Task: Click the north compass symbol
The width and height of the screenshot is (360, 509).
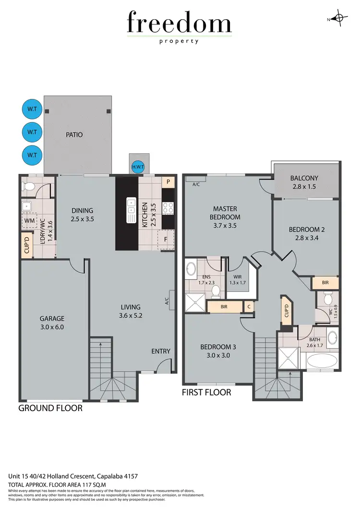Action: (x=339, y=19)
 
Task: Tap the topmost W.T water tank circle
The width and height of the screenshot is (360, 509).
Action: (x=32, y=109)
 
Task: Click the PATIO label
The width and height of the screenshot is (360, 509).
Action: (x=74, y=135)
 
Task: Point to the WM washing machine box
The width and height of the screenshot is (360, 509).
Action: (x=30, y=220)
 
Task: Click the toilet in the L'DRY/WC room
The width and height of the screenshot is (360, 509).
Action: (x=29, y=186)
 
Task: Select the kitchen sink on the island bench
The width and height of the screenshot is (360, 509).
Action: (x=131, y=211)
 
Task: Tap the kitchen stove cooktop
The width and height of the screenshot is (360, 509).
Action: (x=168, y=208)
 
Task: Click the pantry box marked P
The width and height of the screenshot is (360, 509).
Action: (x=168, y=182)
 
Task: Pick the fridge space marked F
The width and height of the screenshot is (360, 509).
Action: (x=166, y=239)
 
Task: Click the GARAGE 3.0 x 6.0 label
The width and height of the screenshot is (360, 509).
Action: (x=52, y=323)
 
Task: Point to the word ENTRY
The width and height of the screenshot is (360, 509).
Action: (x=161, y=351)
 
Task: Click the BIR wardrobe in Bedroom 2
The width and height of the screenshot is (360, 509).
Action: (x=325, y=283)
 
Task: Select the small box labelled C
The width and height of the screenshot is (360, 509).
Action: (x=249, y=306)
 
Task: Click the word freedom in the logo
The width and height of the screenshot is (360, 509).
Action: (x=179, y=24)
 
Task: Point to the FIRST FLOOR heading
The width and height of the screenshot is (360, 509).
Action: (x=206, y=392)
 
